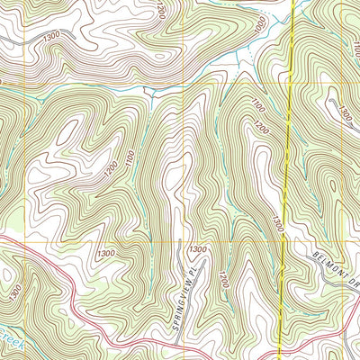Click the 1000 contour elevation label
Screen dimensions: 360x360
coord(261,28)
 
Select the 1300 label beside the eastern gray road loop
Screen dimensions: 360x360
coord(345,113)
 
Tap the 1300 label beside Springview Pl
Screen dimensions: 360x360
coord(198,248)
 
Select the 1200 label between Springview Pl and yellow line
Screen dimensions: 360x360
coord(223,281)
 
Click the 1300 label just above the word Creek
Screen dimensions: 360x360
coord(15,292)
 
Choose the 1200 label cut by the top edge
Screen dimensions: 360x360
coord(160,9)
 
